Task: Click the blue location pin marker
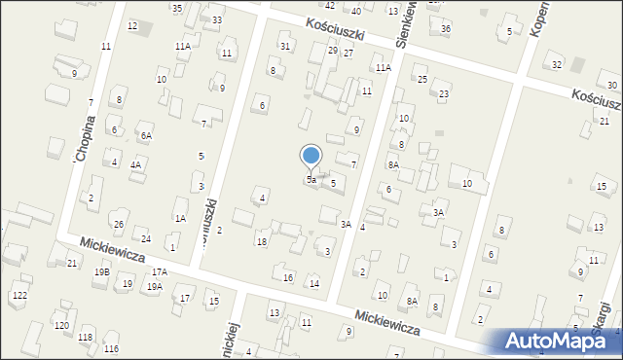[x=311, y=156]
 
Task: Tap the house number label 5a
[x=311, y=180]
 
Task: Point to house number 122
[x=19, y=295]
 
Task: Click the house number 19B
[x=101, y=272]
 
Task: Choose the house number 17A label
[x=159, y=271]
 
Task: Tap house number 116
[x=111, y=348]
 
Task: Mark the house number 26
[x=119, y=225]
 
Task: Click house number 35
[x=177, y=8]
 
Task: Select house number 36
[x=446, y=28]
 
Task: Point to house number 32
[x=557, y=64]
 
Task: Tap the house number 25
[x=422, y=79]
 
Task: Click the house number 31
[x=285, y=46]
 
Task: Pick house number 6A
[x=146, y=136]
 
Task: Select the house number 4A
[x=136, y=164]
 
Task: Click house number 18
[x=261, y=241]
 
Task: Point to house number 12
[x=132, y=25]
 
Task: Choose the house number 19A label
[x=154, y=287]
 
